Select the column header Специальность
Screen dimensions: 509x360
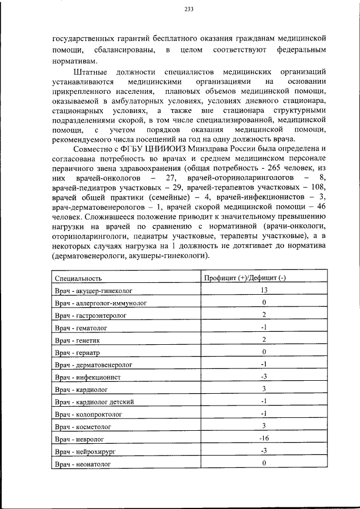78,278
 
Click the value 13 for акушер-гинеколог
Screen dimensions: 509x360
263,290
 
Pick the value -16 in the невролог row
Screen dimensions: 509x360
263,438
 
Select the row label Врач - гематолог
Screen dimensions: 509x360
81,327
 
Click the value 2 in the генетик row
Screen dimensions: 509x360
263,339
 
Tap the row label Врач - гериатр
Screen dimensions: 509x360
78,352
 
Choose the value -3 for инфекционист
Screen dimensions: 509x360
263,376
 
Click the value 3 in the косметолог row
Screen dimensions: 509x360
263,426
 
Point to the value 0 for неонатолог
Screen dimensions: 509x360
263,463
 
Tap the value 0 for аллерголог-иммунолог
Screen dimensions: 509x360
263,302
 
